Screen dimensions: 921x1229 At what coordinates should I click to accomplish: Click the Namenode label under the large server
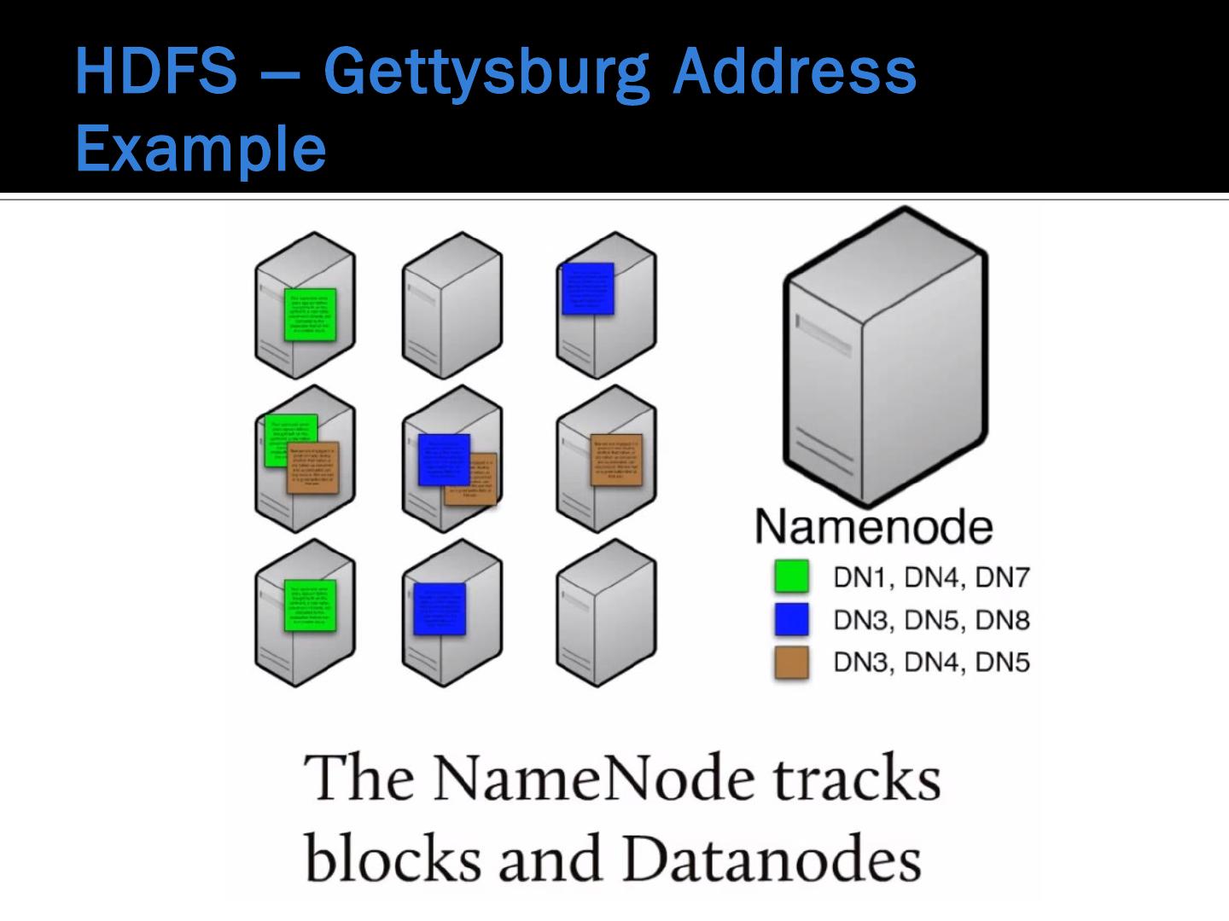(x=874, y=527)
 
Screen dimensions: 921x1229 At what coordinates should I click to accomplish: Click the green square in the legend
(x=791, y=576)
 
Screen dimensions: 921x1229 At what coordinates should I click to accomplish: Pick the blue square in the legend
(x=791, y=619)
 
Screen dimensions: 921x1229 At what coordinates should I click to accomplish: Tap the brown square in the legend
(x=791, y=662)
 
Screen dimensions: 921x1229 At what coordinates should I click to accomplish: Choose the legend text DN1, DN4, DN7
(x=931, y=577)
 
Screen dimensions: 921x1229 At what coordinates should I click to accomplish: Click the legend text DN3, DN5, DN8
(x=931, y=620)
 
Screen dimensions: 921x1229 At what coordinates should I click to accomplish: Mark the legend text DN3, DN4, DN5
(x=931, y=663)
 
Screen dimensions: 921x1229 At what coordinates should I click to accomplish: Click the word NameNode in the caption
(x=595, y=778)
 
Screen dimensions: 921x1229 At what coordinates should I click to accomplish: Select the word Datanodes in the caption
(x=772, y=858)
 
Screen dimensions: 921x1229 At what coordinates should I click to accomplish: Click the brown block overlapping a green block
(x=313, y=467)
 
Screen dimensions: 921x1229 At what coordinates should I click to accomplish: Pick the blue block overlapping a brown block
(x=444, y=460)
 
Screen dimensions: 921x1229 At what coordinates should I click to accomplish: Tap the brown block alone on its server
(x=616, y=460)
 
